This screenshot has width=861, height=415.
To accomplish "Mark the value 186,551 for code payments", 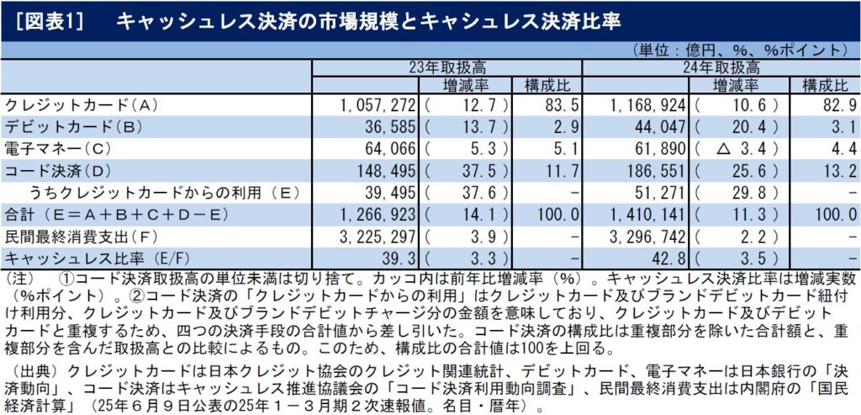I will click(659, 169).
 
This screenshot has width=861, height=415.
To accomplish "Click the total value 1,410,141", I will click(652, 212).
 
